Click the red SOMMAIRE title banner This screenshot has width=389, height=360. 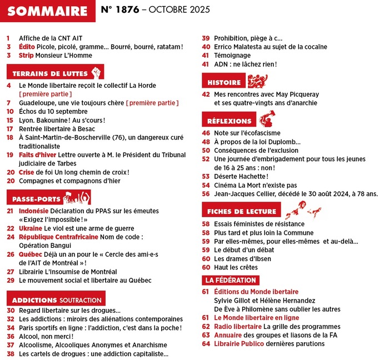[x=48, y=11]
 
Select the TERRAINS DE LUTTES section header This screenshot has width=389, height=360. [x=48, y=73]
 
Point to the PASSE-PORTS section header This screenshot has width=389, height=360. [x=35, y=198]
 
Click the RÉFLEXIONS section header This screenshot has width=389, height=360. [x=229, y=121]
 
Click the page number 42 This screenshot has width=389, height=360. [x=205, y=94]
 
